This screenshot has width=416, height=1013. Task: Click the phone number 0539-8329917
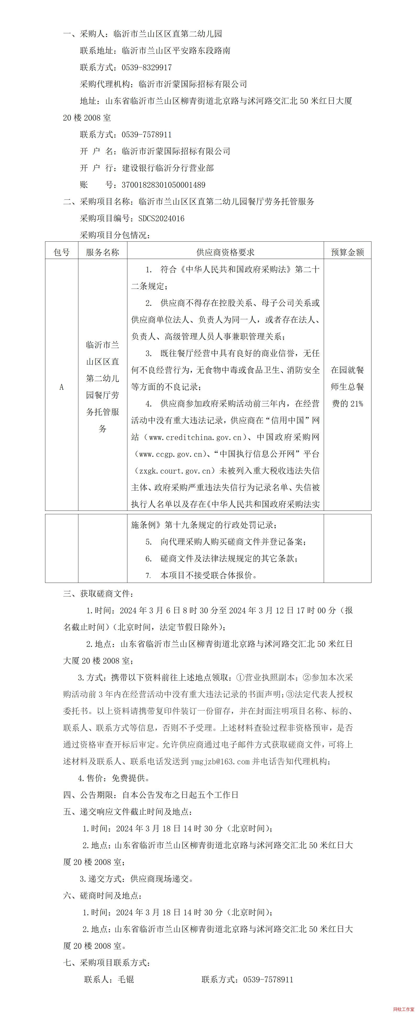click(x=147, y=67)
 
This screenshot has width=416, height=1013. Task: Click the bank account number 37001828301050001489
click(x=164, y=185)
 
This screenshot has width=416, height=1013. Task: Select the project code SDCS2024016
click(x=161, y=218)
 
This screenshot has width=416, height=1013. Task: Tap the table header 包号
click(x=62, y=252)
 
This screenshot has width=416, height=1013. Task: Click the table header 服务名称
click(x=103, y=252)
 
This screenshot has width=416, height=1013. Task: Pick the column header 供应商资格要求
click(x=225, y=252)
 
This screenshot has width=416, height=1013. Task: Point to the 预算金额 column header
click(x=347, y=252)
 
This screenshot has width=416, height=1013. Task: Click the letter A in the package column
click(x=61, y=387)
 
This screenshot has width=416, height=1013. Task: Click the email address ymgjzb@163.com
click(x=220, y=761)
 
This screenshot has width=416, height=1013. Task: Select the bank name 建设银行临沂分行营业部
click(x=168, y=168)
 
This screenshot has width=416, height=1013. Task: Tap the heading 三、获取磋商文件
click(x=98, y=593)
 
